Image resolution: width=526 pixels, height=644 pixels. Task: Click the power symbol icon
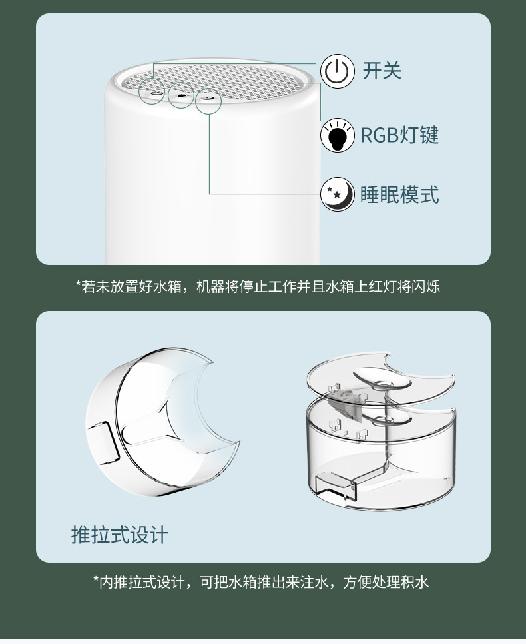click(337, 71)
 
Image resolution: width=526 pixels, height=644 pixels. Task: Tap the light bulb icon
click(337, 135)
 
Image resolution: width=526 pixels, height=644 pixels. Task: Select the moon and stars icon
click(337, 194)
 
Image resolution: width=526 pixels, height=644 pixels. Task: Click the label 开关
click(382, 70)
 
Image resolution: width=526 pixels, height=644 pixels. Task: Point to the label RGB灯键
click(399, 135)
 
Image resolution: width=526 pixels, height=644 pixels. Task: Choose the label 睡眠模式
click(399, 194)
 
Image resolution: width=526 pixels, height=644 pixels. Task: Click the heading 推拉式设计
click(119, 535)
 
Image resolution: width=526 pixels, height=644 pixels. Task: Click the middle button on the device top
click(180, 96)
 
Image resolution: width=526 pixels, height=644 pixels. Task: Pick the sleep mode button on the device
click(208, 98)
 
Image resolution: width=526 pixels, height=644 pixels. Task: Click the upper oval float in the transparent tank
click(382, 380)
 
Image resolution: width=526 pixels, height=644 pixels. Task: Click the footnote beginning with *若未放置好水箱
click(258, 286)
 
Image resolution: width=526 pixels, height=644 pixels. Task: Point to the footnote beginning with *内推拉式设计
click(261, 582)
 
